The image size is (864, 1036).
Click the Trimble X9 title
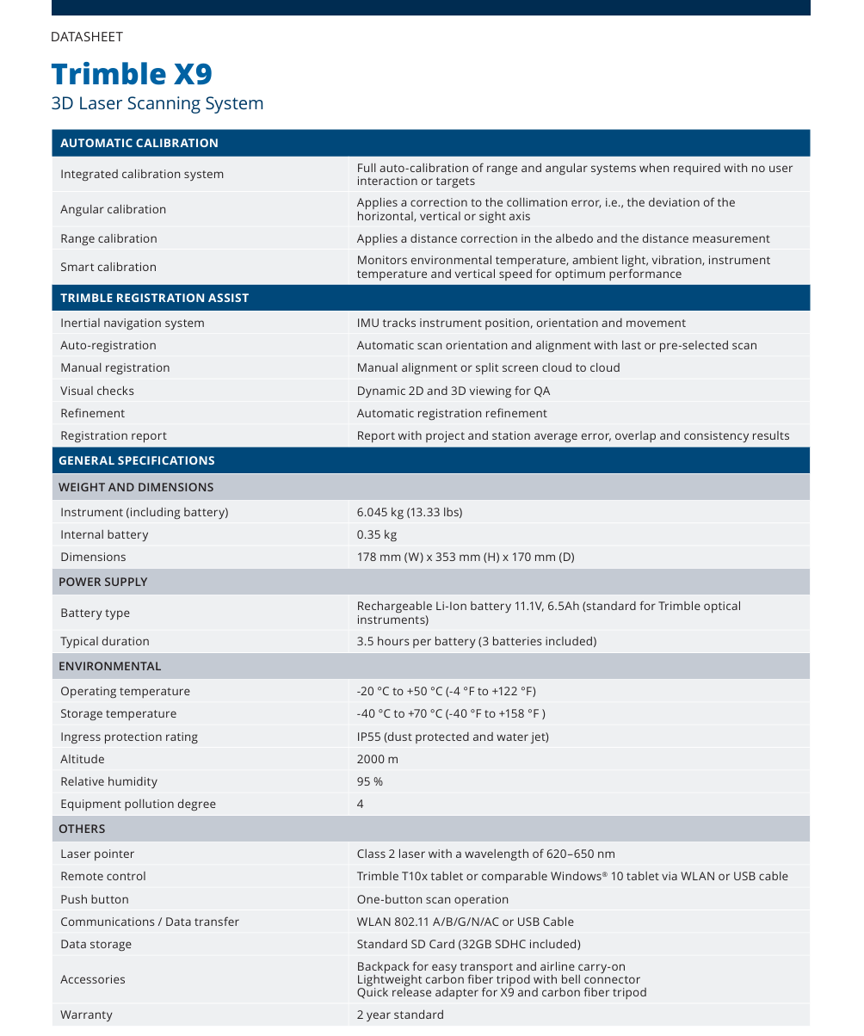click(132, 73)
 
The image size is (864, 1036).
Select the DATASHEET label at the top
click(87, 37)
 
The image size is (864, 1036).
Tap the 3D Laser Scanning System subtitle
click(157, 104)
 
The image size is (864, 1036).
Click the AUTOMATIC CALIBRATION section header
click(139, 143)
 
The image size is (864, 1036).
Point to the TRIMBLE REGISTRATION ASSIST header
click(155, 298)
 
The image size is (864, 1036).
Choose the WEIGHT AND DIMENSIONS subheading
click(136, 487)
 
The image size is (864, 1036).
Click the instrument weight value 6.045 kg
click(410, 512)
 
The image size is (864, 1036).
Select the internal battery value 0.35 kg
click(377, 534)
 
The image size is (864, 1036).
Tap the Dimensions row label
click(93, 557)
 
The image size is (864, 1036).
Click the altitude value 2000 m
click(378, 759)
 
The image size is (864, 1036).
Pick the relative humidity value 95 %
click(370, 781)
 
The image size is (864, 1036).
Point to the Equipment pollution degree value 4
click(361, 804)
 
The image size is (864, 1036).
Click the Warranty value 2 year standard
click(400, 1014)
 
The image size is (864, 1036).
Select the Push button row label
click(95, 899)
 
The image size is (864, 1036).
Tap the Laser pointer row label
click(97, 854)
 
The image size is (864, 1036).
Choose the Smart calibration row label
click(108, 267)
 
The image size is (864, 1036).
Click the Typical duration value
click(477, 641)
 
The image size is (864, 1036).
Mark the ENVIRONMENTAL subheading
click(110, 666)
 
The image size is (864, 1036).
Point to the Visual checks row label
click(97, 391)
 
